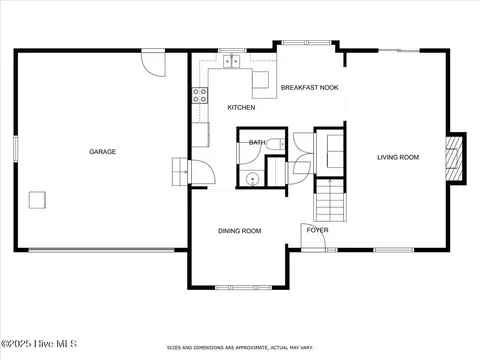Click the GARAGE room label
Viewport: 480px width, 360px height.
point(102,152)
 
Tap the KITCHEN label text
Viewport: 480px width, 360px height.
point(241,107)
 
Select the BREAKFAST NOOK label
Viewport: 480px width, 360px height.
point(310,88)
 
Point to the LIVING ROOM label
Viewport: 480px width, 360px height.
point(398,157)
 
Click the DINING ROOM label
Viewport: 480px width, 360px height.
point(239,231)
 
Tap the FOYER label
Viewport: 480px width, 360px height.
point(318,230)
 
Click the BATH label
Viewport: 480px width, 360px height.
point(257,142)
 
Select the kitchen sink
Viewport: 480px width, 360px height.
point(232,61)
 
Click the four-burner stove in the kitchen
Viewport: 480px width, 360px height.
point(200,95)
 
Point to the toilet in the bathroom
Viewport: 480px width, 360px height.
point(276,144)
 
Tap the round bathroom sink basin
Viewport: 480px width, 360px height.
point(252,179)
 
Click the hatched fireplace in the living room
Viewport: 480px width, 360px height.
point(454,159)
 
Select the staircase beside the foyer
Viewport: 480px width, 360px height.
point(330,200)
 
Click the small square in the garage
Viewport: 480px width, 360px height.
point(37,200)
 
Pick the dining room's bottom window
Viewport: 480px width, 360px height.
point(243,287)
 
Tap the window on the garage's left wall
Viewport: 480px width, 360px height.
point(16,149)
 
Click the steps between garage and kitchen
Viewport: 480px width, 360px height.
point(179,172)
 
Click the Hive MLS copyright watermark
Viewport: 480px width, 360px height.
point(39,344)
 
